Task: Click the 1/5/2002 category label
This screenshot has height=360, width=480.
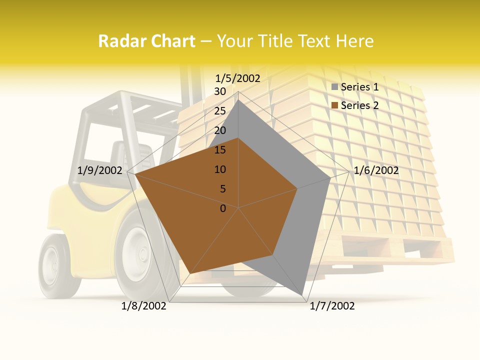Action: click(237, 78)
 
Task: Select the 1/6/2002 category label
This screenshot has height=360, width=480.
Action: click(376, 170)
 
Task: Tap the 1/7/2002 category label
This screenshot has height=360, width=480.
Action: click(332, 306)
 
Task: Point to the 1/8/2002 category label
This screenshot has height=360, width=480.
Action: click(144, 306)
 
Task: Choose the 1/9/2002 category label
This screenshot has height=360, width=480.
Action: click(100, 170)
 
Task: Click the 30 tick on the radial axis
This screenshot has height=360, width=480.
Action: click(220, 91)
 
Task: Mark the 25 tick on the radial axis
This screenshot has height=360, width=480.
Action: click(220, 111)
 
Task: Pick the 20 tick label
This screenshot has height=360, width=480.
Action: click(220, 130)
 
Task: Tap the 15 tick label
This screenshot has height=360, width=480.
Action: click(220, 150)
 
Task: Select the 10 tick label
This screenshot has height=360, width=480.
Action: click(220, 169)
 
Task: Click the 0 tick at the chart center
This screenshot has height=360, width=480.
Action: click(223, 208)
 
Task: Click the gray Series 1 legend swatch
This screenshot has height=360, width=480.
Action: click(335, 87)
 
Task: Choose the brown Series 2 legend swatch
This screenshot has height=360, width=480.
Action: click(335, 105)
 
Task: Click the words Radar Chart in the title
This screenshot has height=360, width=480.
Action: click(146, 41)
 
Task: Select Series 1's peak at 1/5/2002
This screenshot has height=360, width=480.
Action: click(238, 100)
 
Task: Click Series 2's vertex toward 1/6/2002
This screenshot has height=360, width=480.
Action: click(297, 188)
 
